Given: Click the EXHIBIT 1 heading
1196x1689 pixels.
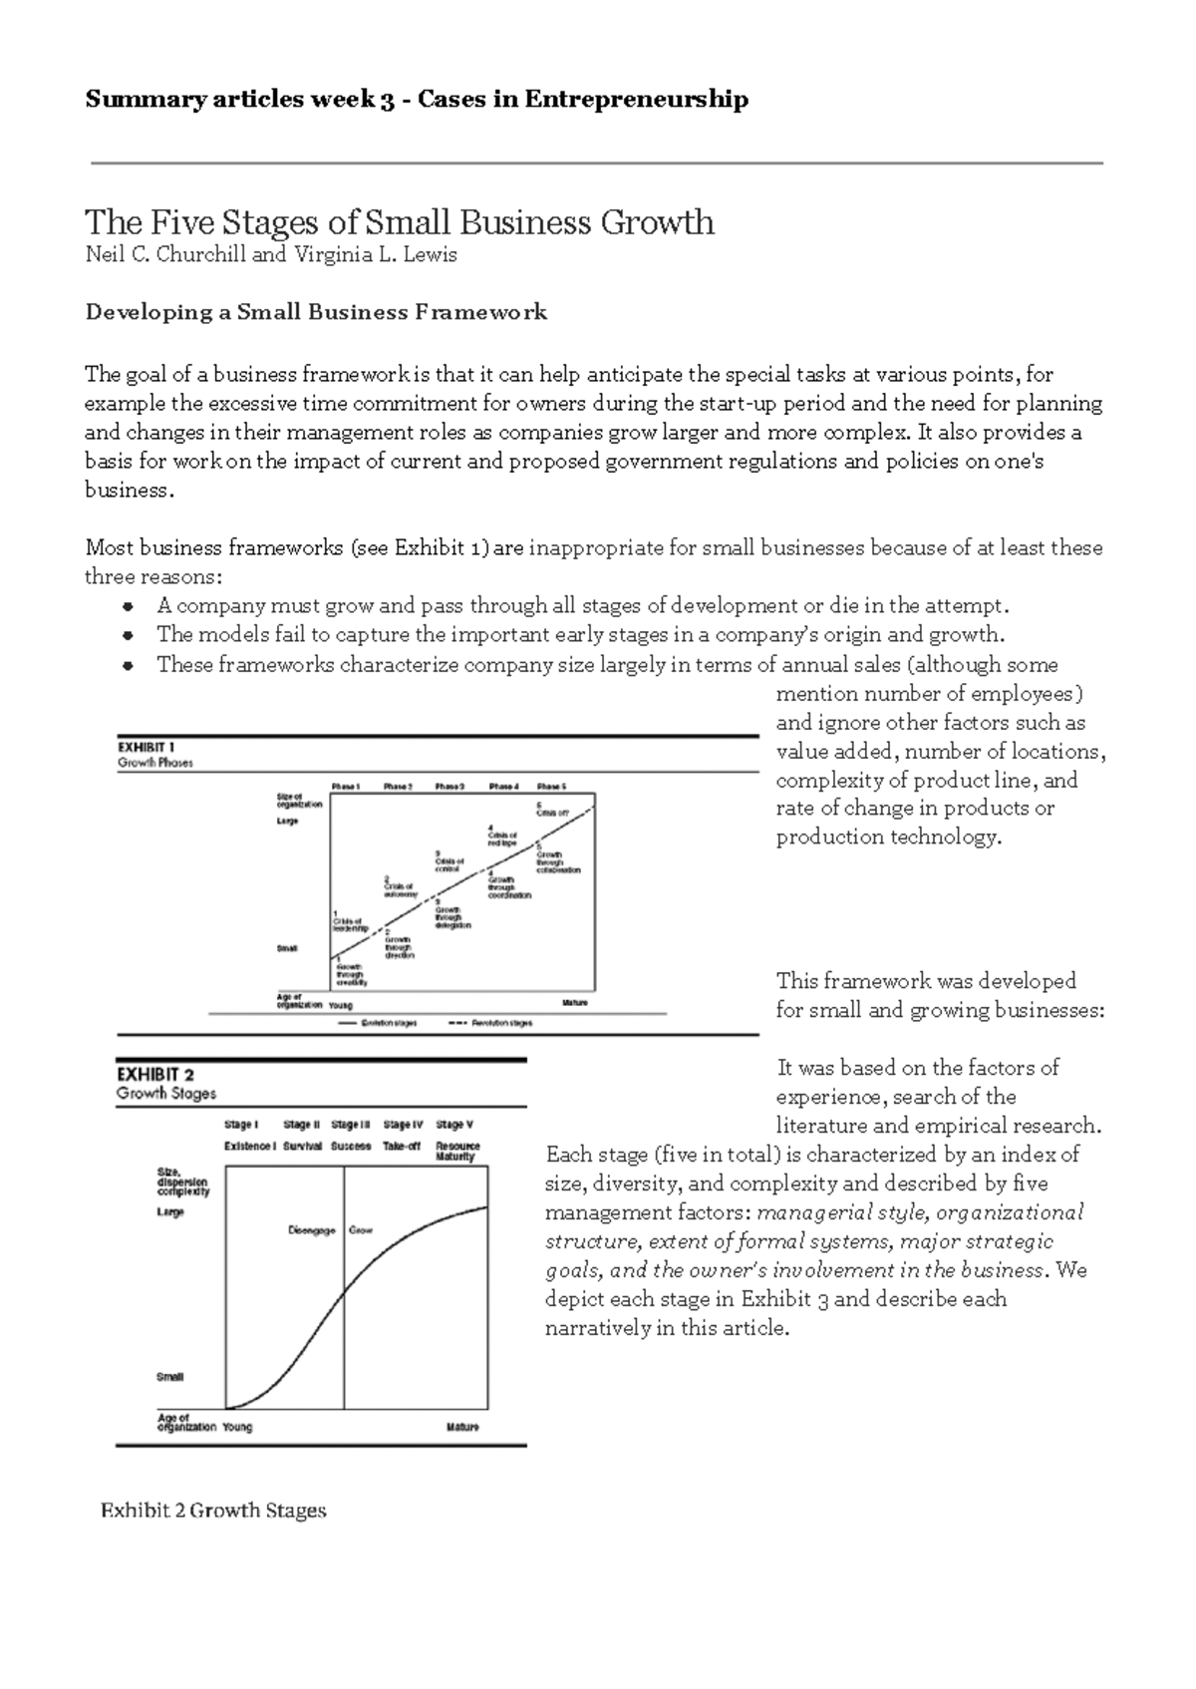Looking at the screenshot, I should click(x=147, y=746).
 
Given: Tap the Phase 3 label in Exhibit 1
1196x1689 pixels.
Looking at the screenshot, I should click(x=449, y=786).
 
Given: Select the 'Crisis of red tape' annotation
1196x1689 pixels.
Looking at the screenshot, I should click(x=502, y=836).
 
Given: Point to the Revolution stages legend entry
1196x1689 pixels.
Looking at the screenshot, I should click(x=490, y=1023).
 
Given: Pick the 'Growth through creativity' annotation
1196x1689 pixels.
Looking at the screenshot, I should click(x=350, y=972).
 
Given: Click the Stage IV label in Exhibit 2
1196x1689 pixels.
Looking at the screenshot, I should click(x=403, y=1125).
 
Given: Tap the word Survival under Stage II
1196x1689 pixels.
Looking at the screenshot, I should click(x=302, y=1147).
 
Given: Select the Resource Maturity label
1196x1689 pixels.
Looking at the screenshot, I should click(x=457, y=1152).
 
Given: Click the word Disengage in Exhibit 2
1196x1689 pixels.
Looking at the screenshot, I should click(x=312, y=1230).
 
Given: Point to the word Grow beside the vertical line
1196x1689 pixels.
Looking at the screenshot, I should click(x=360, y=1230).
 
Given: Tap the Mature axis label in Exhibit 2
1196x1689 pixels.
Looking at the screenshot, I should click(x=462, y=1427).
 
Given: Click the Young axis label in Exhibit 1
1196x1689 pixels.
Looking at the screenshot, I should click(x=341, y=1005).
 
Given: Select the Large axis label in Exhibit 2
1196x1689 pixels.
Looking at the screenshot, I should click(x=170, y=1212).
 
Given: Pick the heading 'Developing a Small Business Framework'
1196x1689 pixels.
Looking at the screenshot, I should click(x=316, y=312).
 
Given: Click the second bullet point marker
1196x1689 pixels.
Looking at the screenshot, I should click(x=127, y=635).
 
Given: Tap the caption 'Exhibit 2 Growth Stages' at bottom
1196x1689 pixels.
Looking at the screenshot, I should click(x=213, y=1511).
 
